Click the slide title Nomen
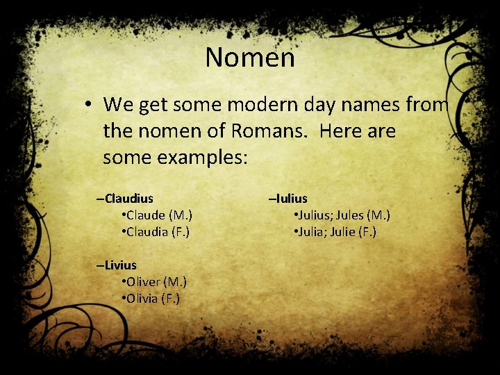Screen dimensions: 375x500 tap(250, 57)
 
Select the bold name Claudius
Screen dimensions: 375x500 tap(129, 199)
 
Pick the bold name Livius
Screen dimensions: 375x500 tap(121, 265)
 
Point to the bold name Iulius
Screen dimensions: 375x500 tap(292, 199)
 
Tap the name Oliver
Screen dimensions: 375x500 tap(142, 282)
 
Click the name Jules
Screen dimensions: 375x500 tap(349, 215)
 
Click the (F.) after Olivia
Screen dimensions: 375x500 tap(169, 299)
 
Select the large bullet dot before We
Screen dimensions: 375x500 tap(90, 105)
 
